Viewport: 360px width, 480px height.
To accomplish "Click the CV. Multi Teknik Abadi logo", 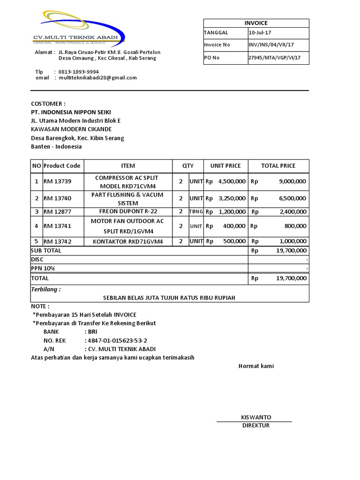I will (78, 28).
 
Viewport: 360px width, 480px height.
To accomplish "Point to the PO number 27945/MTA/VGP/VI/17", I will (274, 58).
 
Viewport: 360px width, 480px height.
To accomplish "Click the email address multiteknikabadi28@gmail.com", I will (97, 78).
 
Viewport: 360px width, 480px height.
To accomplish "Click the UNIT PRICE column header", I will (225, 165).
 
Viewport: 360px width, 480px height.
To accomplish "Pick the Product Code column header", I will (62, 165).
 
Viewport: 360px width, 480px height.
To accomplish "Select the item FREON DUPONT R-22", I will (128, 211).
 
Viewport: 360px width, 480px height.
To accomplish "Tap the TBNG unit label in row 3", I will (196, 212).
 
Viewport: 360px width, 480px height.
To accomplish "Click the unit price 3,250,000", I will (232, 198).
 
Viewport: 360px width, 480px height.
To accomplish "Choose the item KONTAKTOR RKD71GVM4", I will (128, 241).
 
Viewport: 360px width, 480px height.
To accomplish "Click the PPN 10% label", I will (43, 268).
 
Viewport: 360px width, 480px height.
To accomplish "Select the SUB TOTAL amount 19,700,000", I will (291, 251).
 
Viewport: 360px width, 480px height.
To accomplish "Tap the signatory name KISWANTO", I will (256, 417).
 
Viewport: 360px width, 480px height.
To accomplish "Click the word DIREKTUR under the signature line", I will (256, 426).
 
